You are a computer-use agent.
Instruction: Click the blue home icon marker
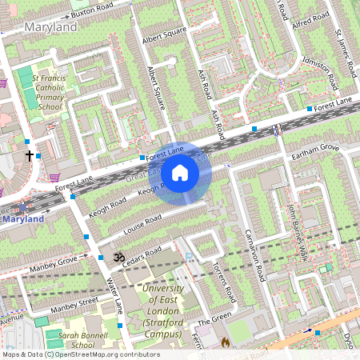pos(180,173)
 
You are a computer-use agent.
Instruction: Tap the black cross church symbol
pos(30,155)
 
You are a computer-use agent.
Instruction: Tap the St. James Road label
pos(342,49)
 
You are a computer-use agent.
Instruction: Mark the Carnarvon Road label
pos(250,249)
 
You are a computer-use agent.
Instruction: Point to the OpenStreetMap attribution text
pos(81,354)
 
